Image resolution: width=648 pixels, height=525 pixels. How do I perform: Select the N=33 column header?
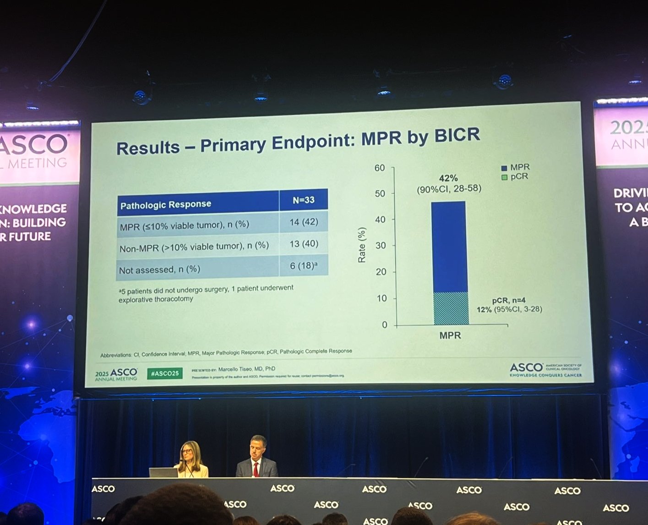(303, 200)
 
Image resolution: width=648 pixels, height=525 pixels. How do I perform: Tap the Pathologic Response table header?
(165, 204)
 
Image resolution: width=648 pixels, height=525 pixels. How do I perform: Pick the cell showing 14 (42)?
(303, 222)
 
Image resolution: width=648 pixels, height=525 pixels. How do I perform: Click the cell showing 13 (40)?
(303, 244)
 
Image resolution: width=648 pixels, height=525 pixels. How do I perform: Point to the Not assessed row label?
(159, 270)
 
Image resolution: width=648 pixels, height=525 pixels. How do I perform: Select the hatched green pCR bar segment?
(451, 309)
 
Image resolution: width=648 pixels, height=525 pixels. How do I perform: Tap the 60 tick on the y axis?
(380, 168)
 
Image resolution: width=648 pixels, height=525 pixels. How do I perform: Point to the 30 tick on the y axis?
(381, 246)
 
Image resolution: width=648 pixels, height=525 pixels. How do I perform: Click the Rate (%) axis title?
(362, 245)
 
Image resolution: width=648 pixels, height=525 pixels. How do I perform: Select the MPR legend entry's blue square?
(504, 168)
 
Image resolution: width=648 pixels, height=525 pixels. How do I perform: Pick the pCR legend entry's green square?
(504, 177)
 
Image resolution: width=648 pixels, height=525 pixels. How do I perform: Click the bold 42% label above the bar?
(448, 178)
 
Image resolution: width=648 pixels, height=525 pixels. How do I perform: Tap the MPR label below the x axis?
(450, 336)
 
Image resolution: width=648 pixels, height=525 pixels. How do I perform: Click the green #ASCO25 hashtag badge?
(164, 373)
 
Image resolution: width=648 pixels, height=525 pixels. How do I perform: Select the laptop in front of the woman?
(163, 472)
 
